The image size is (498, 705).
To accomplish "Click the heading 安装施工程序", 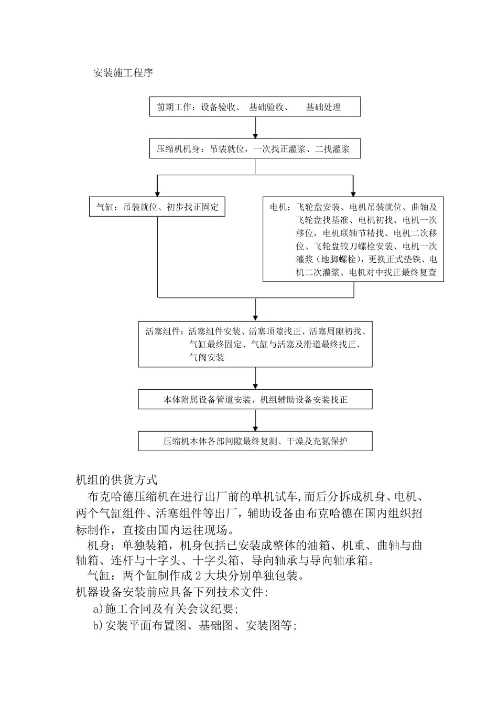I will point(123,73).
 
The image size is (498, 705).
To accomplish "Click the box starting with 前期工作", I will point(255,107).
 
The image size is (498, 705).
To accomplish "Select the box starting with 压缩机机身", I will point(255,149).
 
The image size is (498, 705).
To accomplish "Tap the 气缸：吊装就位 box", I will point(157,207).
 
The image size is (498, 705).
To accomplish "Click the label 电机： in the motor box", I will point(279,207).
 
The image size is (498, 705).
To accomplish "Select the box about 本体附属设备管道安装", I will point(255,400).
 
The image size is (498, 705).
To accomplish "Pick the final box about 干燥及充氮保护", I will point(255,441).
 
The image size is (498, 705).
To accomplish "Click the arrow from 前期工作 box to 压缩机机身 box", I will point(255,127).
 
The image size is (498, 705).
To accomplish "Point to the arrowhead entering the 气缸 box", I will point(157,193).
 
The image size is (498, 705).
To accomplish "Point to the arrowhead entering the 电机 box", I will point(353,193).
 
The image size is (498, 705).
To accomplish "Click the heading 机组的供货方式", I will point(116,479).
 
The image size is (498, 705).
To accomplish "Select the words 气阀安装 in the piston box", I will point(207,358).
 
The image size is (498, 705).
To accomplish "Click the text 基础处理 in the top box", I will point(323,108).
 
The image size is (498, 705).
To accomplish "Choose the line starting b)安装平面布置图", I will point(194,626).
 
